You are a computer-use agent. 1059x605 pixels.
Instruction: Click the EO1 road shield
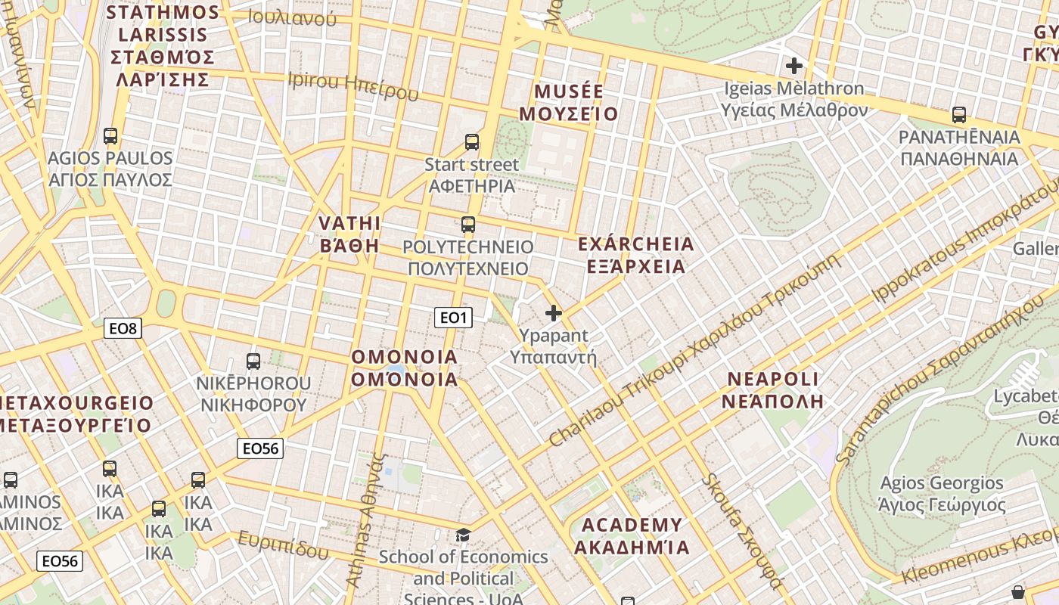point(453,318)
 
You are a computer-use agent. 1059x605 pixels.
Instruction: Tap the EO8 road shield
point(123,328)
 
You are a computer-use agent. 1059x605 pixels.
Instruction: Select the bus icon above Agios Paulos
point(110,136)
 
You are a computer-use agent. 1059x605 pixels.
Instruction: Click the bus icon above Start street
point(472,141)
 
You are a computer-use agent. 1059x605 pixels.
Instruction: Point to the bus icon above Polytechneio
point(468,224)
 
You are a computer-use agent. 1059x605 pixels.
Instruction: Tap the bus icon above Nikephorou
point(253,361)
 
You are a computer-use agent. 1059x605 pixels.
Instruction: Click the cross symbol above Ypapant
point(554,312)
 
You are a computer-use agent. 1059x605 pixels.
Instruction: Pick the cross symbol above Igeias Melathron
point(793,66)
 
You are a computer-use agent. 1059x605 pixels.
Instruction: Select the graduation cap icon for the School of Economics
point(462,535)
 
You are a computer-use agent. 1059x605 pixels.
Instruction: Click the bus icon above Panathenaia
point(959,115)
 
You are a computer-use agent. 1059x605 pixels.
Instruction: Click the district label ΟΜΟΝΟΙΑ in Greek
point(405,379)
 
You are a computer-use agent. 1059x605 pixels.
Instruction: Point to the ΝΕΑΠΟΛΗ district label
point(772,401)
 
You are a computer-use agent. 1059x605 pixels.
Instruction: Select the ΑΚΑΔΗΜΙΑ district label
point(632,547)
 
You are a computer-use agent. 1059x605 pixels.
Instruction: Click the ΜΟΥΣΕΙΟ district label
point(570,114)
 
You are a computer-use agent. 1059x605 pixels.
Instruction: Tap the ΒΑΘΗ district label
point(349,245)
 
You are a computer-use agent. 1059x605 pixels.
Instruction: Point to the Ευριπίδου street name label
point(283,545)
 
